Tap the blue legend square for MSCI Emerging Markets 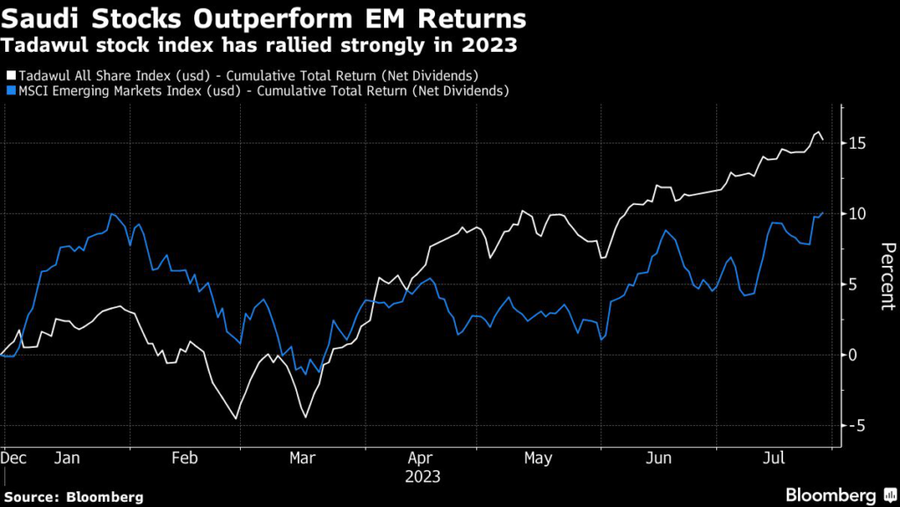coord(10,90)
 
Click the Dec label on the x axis coord(13,459)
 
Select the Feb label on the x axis coord(185,459)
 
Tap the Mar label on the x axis coord(302,459)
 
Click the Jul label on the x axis coord(774,459)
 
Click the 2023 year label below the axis coord(422,476)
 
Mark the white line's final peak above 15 coord(818,132)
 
